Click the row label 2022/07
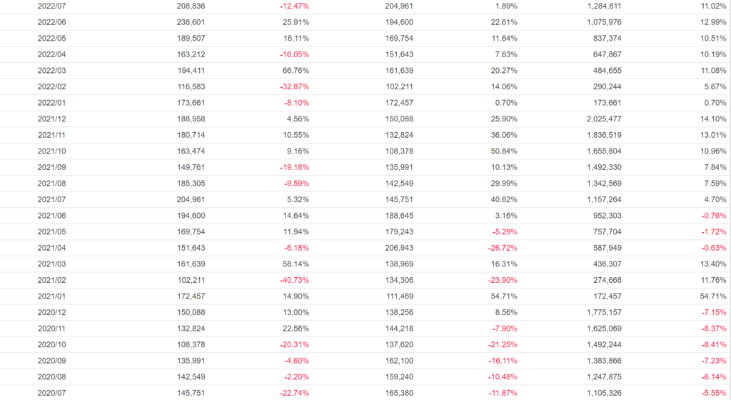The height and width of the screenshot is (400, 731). pyautogui.click(x=51, y=6)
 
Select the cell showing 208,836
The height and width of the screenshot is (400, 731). pyautogui.click(x=191, y=6)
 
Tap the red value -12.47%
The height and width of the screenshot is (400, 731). pyautogui.click(x=294, y=6)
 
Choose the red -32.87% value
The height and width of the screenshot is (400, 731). pyautogui.click(x=294, y=86)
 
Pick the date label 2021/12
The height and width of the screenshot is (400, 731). pyautogui.click(x=51, y=119)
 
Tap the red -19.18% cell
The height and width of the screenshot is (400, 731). pyautogui.click(x=294, y=167)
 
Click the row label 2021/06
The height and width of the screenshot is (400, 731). pyautogui.click(x=51, y=216)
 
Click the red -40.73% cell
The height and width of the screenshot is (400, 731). pyautogui.click(x=294, y=280)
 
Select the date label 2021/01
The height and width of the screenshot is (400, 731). pyautogui.click(x=51, y=296)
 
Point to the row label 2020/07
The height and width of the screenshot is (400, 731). pyautogui.click(x=51, y=393)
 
